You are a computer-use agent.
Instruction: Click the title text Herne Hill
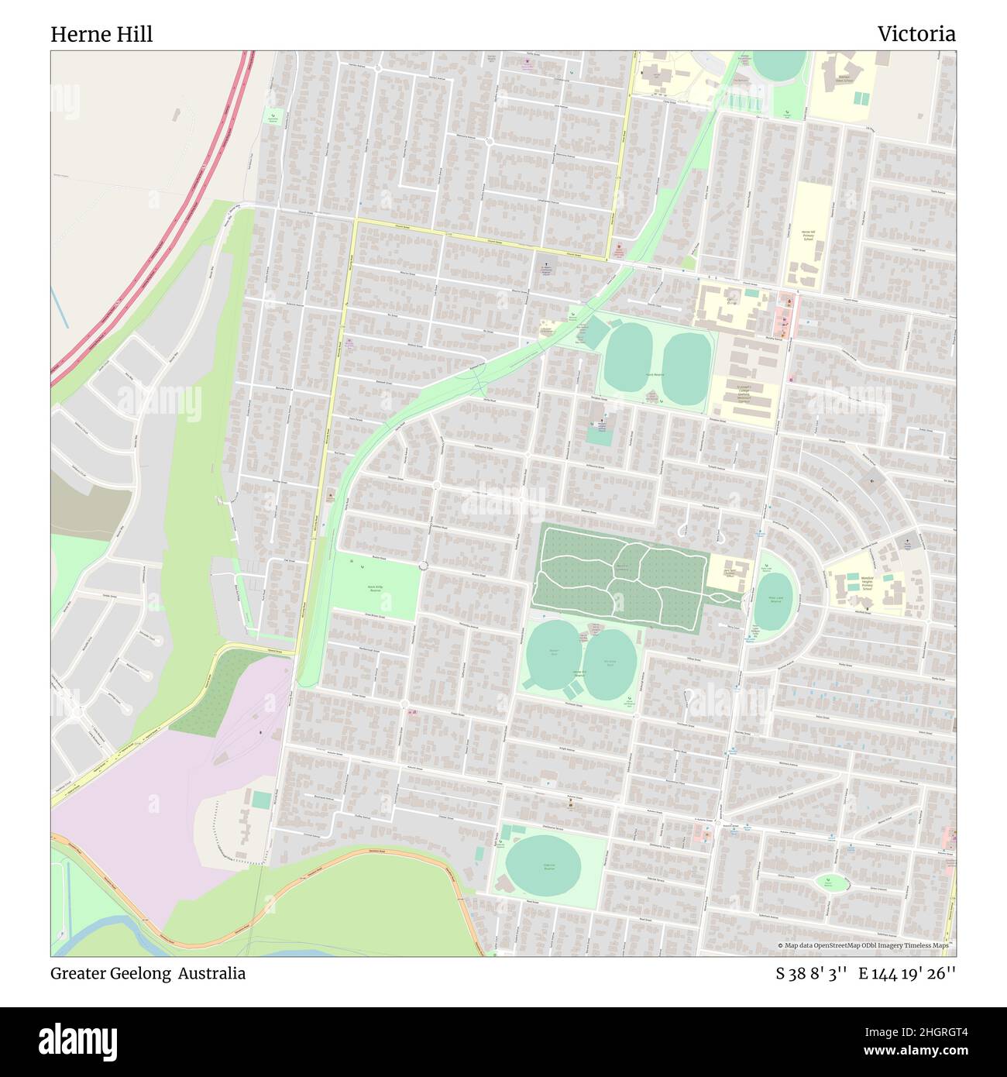[101, 34]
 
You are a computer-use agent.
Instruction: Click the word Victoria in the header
[916, 34]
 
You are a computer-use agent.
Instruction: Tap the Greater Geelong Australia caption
[148, 973]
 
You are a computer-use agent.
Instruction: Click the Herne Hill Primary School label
[808, 236]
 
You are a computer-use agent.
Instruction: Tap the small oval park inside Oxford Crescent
[831, 882]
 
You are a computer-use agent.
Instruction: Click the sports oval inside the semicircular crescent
[772, 601]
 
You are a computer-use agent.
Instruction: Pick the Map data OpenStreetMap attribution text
[866, 946]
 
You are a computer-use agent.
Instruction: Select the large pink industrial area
[139, 783]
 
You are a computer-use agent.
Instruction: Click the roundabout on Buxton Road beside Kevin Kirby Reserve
[423, 566]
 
